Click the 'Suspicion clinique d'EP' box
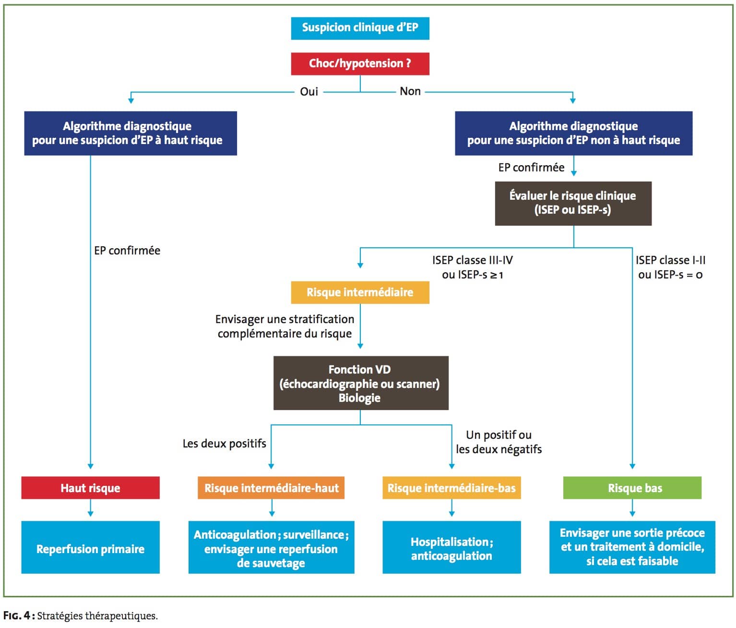[x=360, y=28]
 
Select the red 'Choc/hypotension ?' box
[x=360, y=64]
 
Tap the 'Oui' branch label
[x=309, y=92]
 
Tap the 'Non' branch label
[x=410, y=91]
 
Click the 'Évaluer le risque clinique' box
[x=573, y=204]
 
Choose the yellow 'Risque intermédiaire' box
[x=360, y=292]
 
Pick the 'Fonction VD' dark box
[x=361, y=383]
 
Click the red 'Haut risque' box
[x=91, y=488]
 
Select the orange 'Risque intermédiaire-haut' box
[x=271, y=488]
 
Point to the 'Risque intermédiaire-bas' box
[x=451, y=488]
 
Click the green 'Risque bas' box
[x=632, y=488]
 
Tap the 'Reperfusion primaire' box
[x=91, y=547]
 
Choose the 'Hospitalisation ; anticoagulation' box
[x=451, y=547]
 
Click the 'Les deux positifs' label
[x=225, y=443]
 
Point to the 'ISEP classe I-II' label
[x=670, y=260]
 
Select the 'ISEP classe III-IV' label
[x=473, y=260]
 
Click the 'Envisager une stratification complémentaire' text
[x=285, y=326]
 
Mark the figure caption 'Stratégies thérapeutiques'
[x=97, y=616]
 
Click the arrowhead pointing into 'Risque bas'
[x=632, y=467]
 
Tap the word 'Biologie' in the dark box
[x=359, y=398]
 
